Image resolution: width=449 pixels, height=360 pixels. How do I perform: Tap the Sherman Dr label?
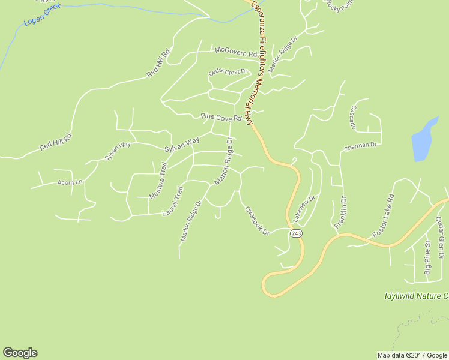[360, 146]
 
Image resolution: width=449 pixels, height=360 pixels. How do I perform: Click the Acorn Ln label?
[69, 182]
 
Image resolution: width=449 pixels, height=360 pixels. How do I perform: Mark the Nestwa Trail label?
[158, 180]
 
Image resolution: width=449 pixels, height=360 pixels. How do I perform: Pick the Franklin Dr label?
[340, 212]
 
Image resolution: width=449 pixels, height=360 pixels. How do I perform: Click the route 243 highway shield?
[295, 233]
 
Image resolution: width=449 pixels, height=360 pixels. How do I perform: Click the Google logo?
[20, 353]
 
